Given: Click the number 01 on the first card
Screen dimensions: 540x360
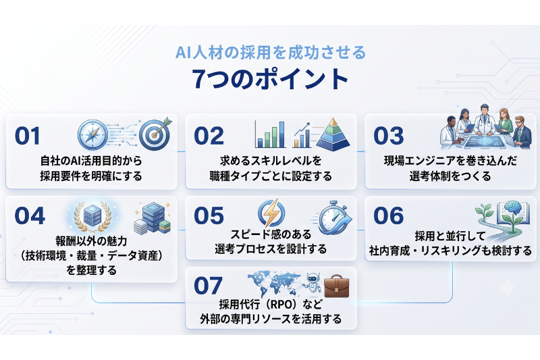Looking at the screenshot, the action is coord(28,136).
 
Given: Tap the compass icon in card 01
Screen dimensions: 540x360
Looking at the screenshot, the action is coord(92,134).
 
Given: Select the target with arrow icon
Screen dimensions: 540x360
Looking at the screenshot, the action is coord(155,134).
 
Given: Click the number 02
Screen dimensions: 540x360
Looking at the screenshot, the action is coord(209,136).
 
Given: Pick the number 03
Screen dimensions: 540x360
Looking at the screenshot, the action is coord(389,136).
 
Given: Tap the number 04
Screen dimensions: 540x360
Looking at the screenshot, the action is coord(30,216).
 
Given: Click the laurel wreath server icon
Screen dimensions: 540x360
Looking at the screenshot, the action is coord(92,216).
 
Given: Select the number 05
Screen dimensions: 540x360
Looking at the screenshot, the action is coord(209,216).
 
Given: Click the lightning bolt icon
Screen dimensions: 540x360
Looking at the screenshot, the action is coord(271,213).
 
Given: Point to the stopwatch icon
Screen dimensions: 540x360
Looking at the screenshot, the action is coord(333,217).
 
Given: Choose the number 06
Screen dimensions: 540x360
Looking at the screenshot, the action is coord(389,216).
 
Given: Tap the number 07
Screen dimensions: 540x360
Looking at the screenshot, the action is coord(209,286).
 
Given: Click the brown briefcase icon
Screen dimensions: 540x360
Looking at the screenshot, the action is coord(336,286).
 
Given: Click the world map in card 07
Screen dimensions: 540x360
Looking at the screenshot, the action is coord(275,282).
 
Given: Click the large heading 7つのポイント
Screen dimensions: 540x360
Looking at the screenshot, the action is coord(271,79).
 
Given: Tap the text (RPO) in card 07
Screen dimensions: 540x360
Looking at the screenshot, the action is coord(281,305).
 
